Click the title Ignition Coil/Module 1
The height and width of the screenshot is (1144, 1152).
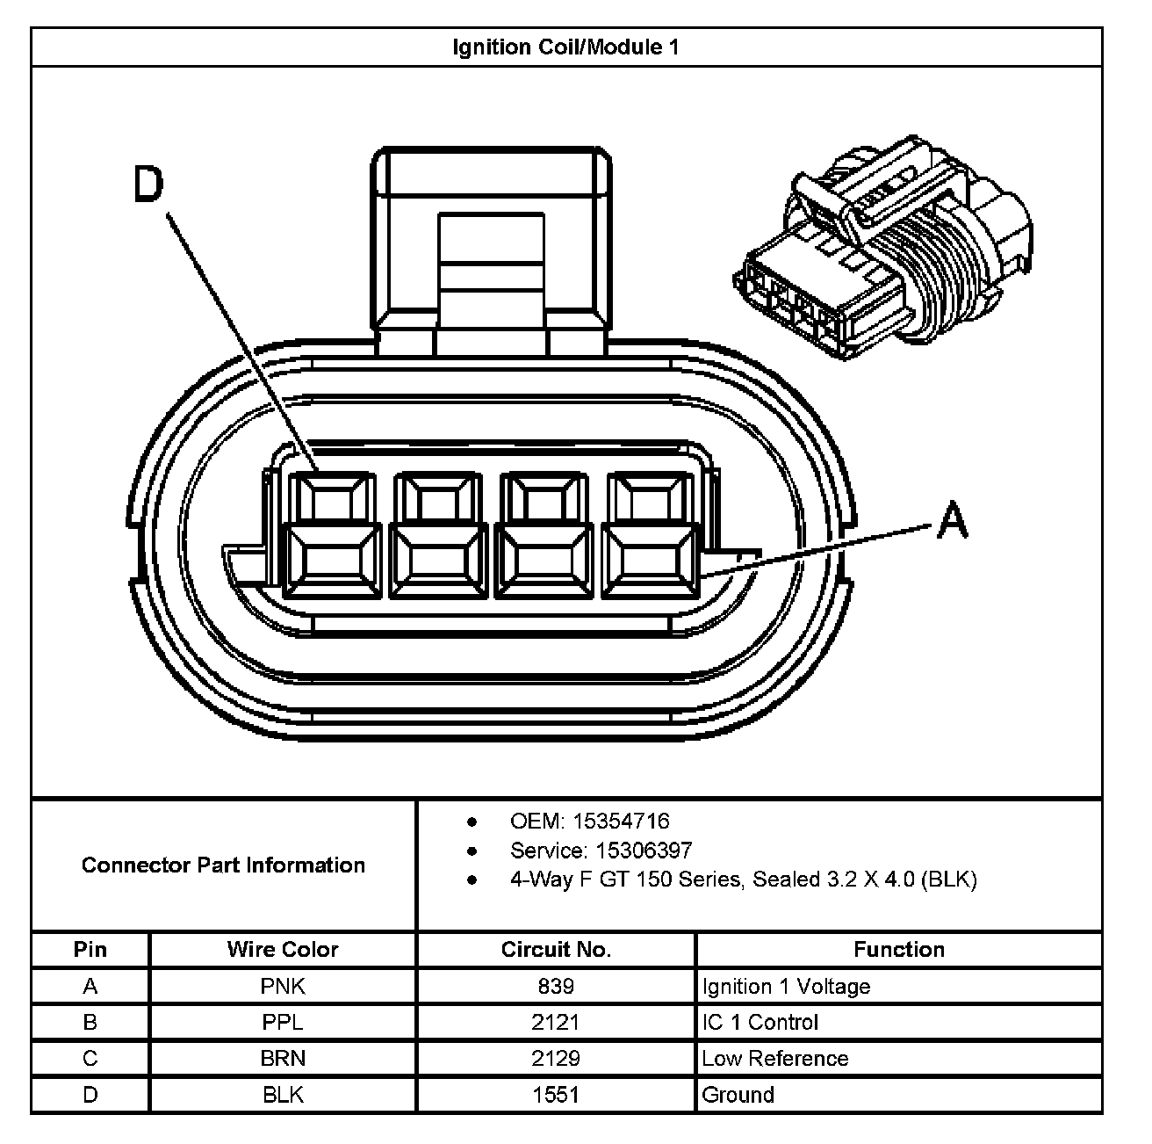pyautogui.click(x=565, y=47)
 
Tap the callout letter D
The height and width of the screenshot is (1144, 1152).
pyautogui.click(x=148, y=186)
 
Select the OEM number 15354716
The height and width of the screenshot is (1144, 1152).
pyautogui.click(x=621, y=822)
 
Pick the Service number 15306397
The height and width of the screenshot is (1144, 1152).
pyautogui.click(x=644, y=851)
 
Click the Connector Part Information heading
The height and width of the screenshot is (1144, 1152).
pyautogui.click(x=223, y=865)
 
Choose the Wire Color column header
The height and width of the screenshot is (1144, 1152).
pyautogui.click(x=282, y=950)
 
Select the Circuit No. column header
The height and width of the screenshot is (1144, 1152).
pyautogui.click(x=556, y=950)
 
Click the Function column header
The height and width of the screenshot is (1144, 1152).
pyautogui.click(x=899, y=950)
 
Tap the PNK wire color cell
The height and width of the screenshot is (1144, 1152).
pyautogui.click(x=283, y=987)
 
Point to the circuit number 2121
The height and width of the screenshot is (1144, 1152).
pyautogui.click(x=556, y=1023)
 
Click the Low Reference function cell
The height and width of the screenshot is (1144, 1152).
pyautogui.click(x=775, y=1059)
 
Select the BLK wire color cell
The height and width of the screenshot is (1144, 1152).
pyautogui.click(x=283, y=1095)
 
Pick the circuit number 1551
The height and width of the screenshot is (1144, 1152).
pyautogui.click(x=556, y=1095)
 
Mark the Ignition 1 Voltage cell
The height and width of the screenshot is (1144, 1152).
pyautogui.click(x=786, y=987)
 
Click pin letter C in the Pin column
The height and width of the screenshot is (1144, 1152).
pyautogui.click(x=90, y=1059)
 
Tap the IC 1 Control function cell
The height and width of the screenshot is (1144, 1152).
pyautogui.click(x=760, y=1023)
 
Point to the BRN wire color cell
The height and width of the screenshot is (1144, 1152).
pyautogui.click(x=283, y=1059)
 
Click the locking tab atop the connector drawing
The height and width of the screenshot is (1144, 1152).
pyautogui.click(x=492, y=246)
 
